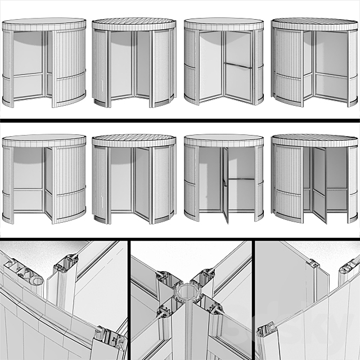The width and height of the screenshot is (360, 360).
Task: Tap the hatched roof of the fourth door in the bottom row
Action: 314,137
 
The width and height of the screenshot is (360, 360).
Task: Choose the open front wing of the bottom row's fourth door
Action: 319,183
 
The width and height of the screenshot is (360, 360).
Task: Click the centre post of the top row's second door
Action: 134,67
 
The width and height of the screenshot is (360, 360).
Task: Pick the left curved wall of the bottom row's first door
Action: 8,183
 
